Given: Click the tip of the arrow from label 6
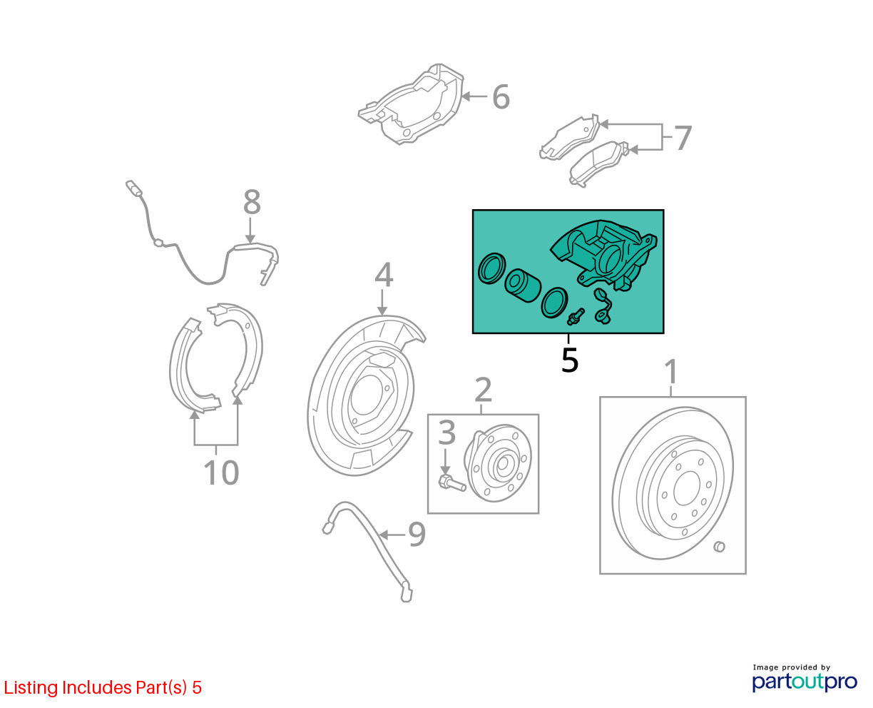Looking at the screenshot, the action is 461,97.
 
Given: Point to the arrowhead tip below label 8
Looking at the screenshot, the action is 250,243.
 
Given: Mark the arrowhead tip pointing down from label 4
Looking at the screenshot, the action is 382,315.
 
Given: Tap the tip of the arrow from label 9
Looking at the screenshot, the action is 379,535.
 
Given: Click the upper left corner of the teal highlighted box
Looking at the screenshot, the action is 473,210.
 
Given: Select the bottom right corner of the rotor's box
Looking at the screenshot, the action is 746,574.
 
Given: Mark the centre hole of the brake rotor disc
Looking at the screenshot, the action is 686,488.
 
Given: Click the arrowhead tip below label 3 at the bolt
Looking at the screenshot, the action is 445,475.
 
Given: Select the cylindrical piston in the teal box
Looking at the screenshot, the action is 522,286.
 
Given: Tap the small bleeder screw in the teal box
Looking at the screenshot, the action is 576,317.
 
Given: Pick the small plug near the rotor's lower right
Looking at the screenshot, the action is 720,547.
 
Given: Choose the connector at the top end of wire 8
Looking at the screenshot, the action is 133,188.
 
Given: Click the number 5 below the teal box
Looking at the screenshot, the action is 569,360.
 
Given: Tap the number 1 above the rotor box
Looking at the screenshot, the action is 671,371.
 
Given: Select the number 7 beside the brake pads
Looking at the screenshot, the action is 683,138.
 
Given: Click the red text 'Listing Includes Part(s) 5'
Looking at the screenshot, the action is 103,687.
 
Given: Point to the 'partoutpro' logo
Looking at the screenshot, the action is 804,682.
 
